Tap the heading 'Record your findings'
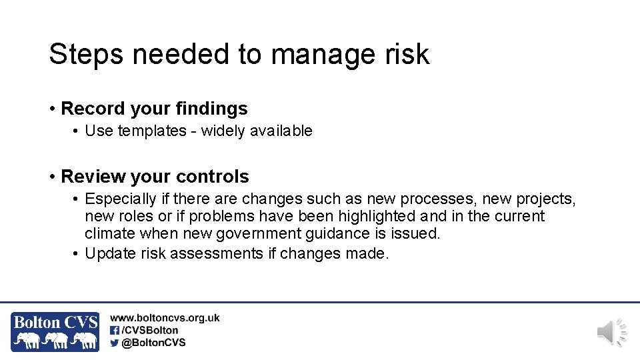154,109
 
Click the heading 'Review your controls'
155,177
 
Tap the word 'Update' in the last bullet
108,253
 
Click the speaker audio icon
611,332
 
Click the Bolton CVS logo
55,331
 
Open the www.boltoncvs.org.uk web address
165,319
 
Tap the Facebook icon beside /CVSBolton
115,330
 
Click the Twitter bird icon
115,343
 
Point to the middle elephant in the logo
58,340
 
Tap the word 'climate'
110,233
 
